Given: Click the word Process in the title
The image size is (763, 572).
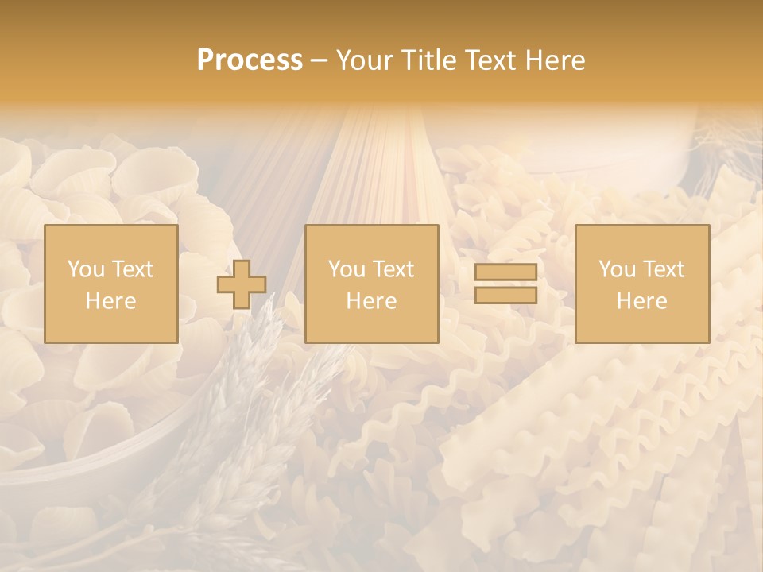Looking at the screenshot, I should [x=250, y=60].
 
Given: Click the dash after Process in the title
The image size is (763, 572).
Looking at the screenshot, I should [x=320, y=62].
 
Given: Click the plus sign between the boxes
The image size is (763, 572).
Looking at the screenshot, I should [x=242, y=284].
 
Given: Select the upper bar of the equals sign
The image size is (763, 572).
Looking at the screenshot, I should [x=505, y=272].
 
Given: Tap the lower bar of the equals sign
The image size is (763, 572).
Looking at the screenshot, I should [x=505, y=296].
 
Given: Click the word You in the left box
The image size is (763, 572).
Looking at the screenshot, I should [x=86, y=269].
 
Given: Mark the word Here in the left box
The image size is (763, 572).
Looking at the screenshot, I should [x=110, y=301].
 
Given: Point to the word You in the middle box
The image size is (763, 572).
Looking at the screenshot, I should [x=347, y=269].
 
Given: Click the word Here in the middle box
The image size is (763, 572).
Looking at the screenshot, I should [x=371, y=301].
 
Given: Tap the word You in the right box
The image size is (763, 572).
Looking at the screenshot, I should [x=617, y=269].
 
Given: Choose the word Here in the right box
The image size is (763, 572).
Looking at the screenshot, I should [x=641, y=301].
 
